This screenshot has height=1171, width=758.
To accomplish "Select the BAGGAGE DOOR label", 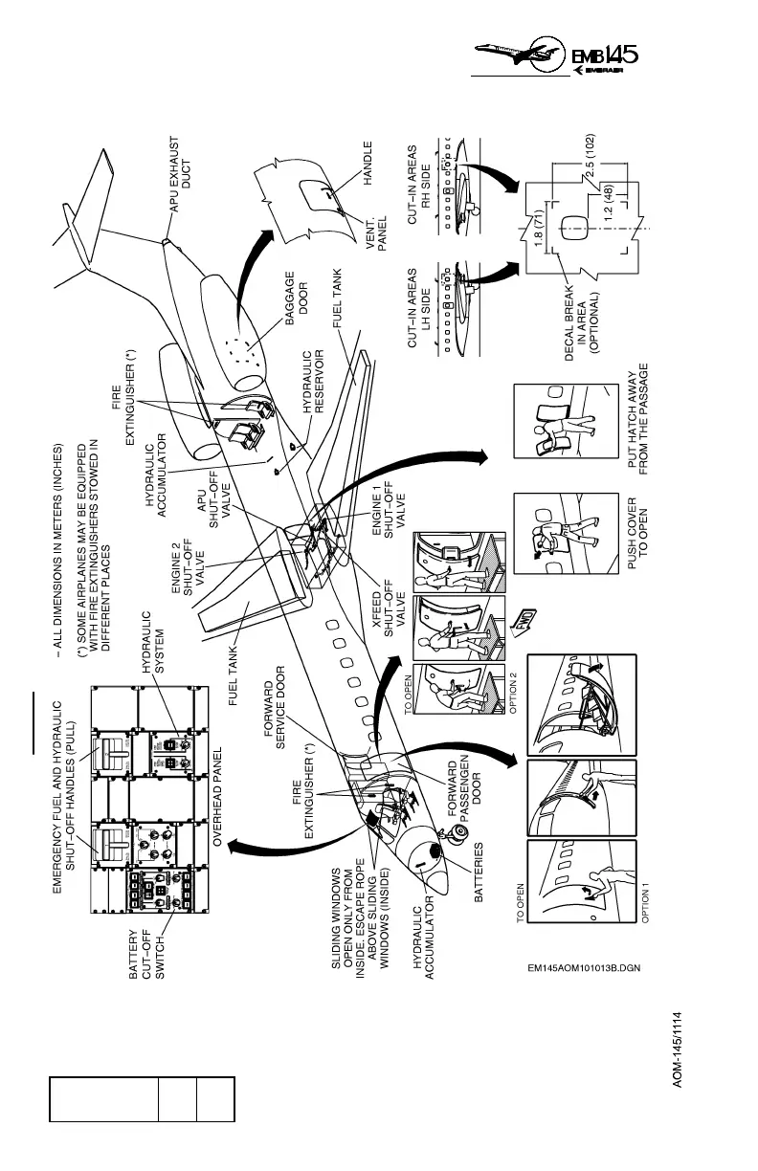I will tap(297, 288).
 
